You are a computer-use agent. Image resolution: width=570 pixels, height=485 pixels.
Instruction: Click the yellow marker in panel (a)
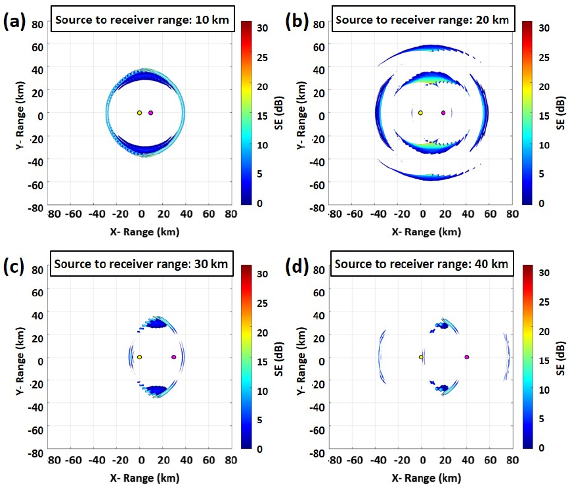(139, 113)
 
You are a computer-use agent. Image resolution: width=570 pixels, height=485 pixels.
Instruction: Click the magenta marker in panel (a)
(151, 113)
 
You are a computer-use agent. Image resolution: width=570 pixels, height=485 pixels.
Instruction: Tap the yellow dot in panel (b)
(420, 113)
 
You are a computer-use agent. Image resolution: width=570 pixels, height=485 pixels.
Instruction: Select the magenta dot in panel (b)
(443, 113)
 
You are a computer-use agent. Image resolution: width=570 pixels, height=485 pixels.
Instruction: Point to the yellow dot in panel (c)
(140, 357)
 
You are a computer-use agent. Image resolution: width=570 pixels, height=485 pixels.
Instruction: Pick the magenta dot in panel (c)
(173, 357)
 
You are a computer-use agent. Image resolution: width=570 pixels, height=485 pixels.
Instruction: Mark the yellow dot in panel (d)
(421, 357)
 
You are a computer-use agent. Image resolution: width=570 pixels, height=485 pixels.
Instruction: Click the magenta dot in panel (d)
(467, 357)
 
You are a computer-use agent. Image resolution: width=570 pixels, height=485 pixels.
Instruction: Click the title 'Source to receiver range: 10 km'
(142, 20)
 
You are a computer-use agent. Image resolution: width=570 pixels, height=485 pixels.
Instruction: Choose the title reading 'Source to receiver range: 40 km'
(422, 264)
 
